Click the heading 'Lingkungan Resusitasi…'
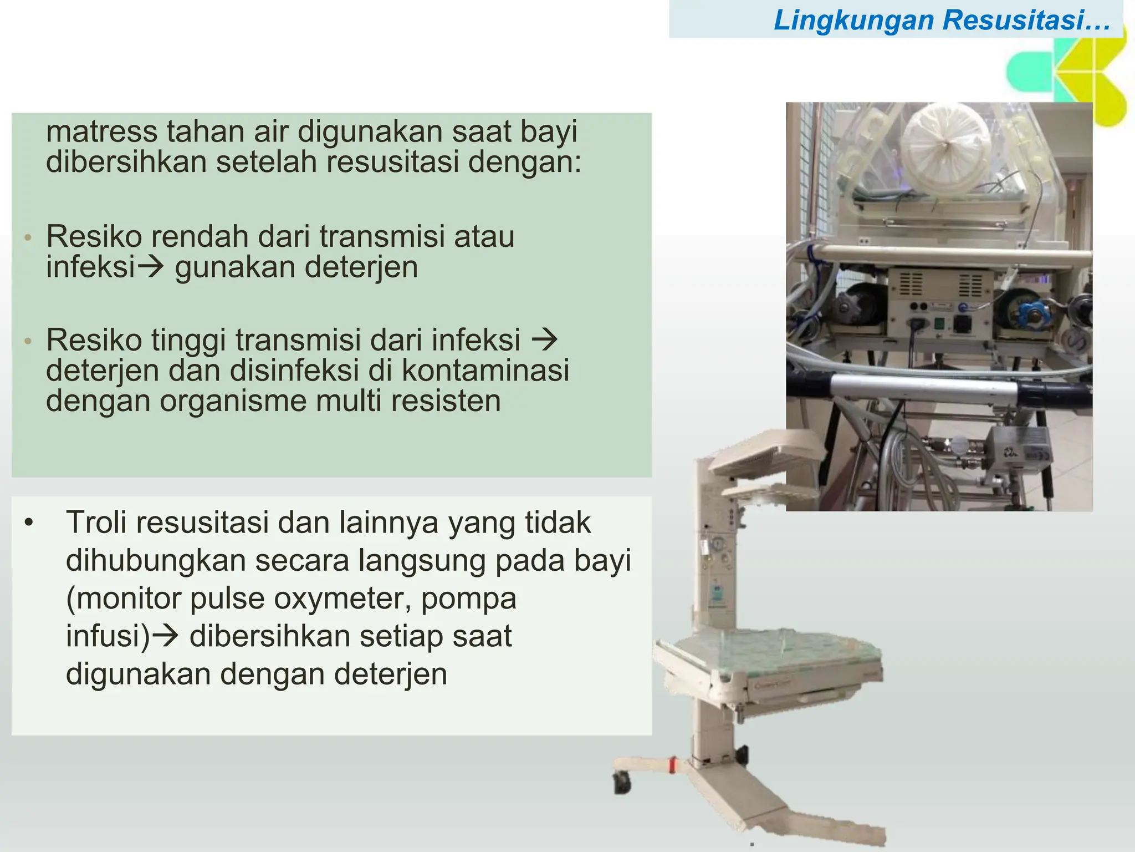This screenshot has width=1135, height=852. (x=942, y=20)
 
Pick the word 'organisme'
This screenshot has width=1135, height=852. (x=233, y=401)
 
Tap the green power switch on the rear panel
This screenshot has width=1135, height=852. (x=939, y=324)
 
